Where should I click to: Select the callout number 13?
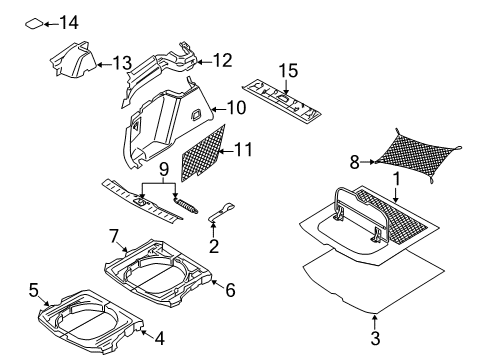122,63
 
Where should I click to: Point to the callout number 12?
221,60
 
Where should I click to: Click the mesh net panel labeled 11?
204,151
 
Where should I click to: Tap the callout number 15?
288,70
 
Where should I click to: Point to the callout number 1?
399,179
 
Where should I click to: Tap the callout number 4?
158,339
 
